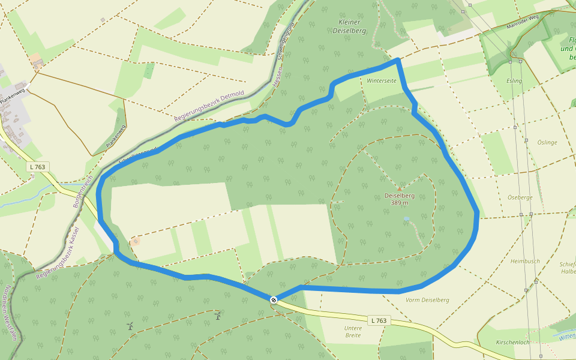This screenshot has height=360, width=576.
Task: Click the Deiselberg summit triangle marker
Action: pyautogui.click(x=400, y=188)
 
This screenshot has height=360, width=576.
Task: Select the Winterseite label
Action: pyautogui.click(x=382, y=80)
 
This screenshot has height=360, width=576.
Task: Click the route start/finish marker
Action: pyautogui.click(x=274, y=299)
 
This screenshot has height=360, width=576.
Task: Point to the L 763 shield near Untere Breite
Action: pyautogui.click(x=379, y=320)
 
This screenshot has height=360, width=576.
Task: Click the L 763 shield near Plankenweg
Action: pyautogui.click(x=38, y=166)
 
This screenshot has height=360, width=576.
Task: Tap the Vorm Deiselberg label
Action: pyautogui.click(x=427, y=300)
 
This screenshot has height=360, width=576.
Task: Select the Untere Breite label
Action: pyautogui.click(x=353, y=331)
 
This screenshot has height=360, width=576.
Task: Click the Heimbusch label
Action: pyautogui.click(x=525, y=261)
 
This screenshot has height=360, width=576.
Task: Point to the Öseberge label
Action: pyautogui.click(x=520, y=197)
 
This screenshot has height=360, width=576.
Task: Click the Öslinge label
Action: pyautogui.click(x=547, y=143)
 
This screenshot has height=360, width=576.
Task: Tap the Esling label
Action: pyautogui.click(x=514, y=80)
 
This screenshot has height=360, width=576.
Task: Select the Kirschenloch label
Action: pyautogui.click(x=512, y=342)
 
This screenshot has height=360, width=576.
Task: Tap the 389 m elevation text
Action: pyautogui.click(x=400, y=203)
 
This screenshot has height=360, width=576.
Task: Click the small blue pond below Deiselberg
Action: pyautogui.click(x=406, y=219)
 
